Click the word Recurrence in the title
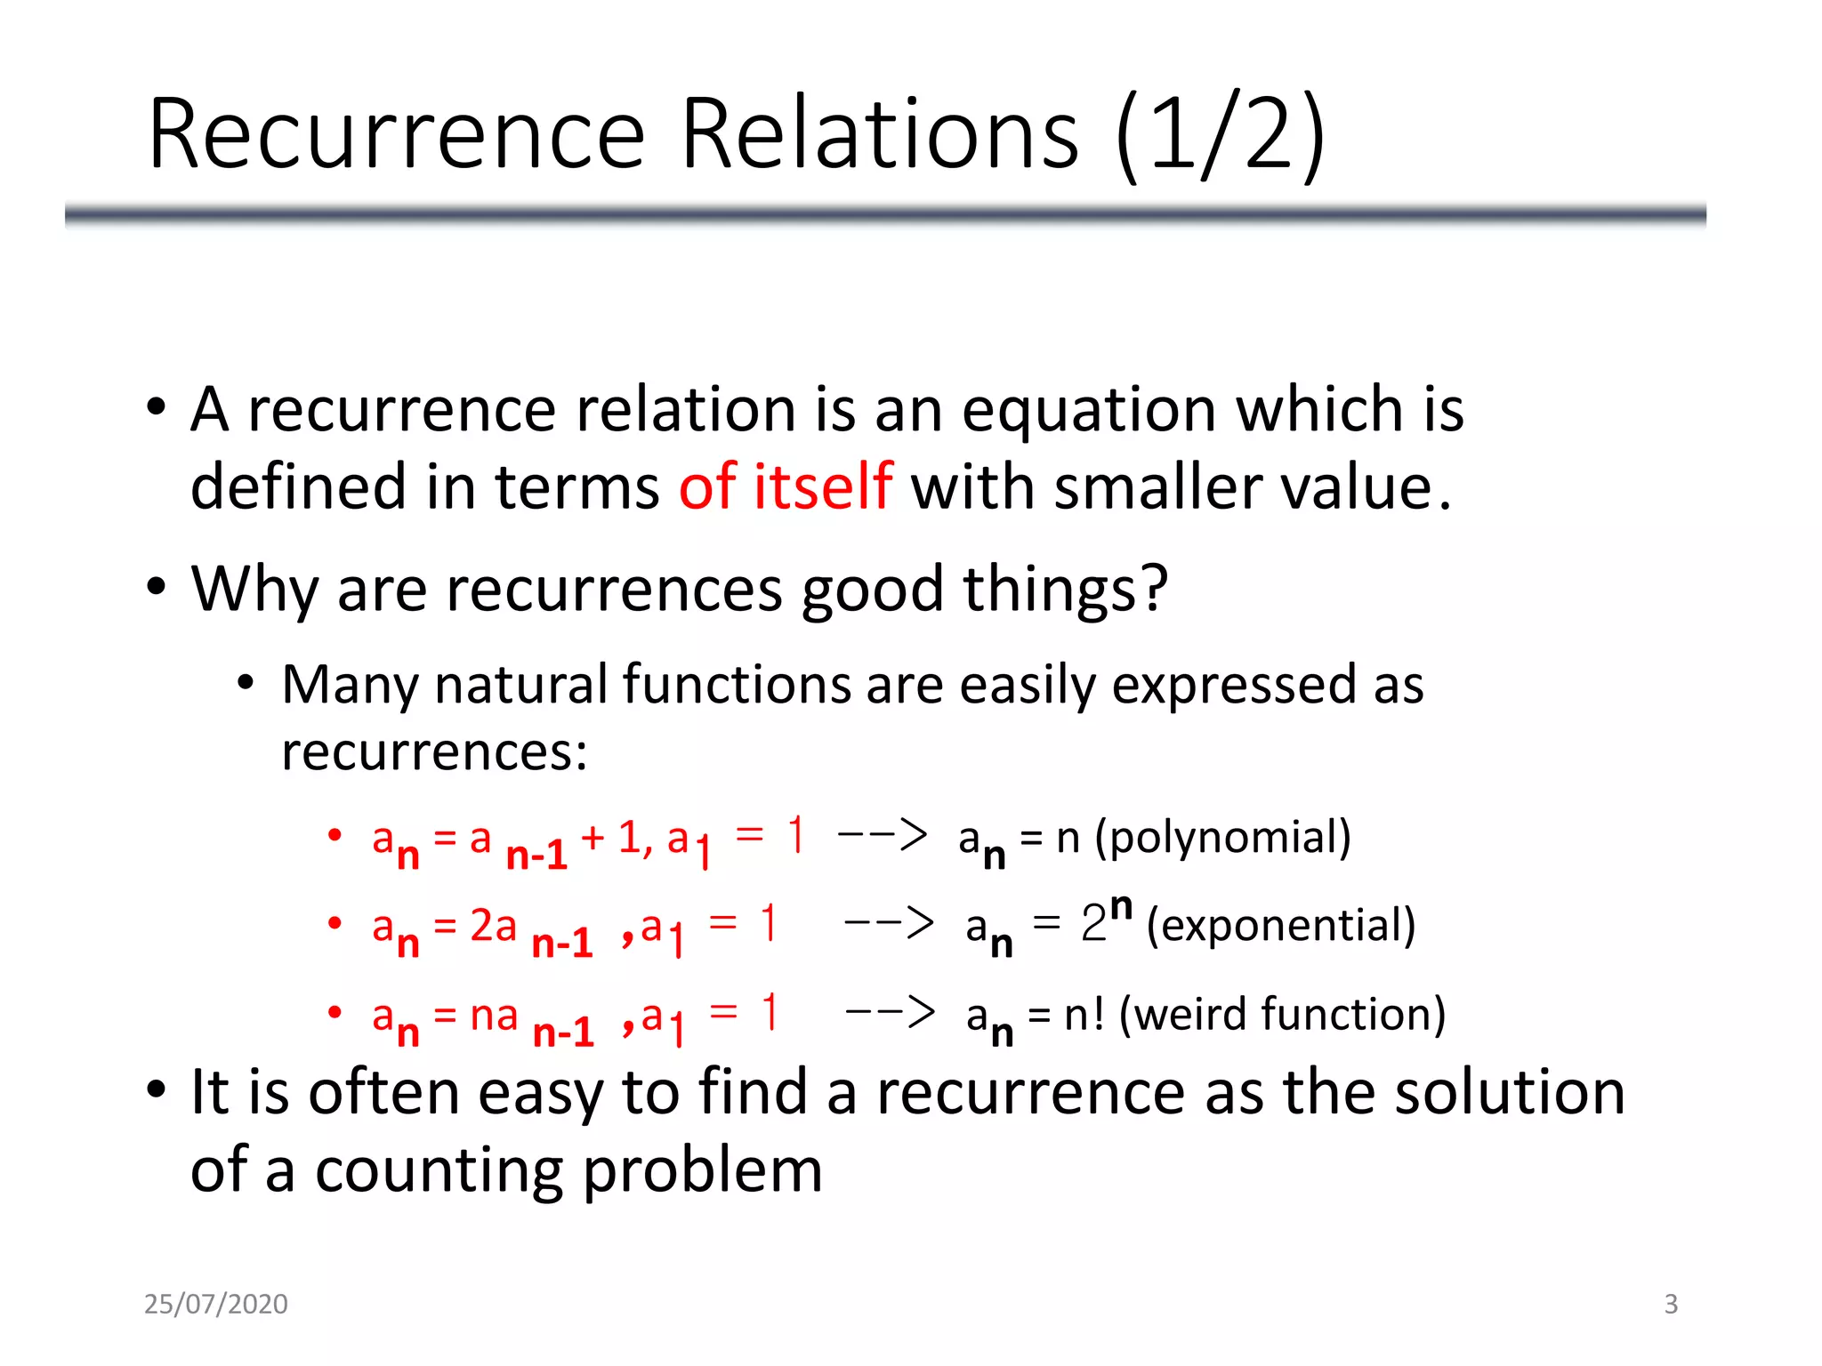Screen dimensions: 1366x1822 click(x=396, y=135)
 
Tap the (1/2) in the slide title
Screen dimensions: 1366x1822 click(x=1220, y=135)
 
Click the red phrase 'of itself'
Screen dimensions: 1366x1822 click(x=786, y=486)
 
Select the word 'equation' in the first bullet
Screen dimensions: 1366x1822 click(x=1088, y=410)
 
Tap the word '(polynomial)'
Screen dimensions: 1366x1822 click(x=1223, y=838)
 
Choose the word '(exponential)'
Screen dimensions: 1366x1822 click(x=1281, y=926)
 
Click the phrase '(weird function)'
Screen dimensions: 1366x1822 click(x=1282, y=1014)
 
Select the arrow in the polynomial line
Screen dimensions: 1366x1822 click(x=882, y=835)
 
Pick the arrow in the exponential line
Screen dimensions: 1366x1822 click(x=888, y=923)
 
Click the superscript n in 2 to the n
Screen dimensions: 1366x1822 click(x=1121, y=906)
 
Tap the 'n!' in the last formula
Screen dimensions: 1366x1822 click(x=1084, y=1014)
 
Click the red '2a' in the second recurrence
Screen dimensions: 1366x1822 click(x=493, y=926)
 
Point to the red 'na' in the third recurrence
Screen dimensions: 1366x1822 click(x=494, y=1015)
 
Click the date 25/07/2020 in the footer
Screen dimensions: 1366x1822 click(x=215, y=1304)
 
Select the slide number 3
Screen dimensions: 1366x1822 click(x=1671, y=1304)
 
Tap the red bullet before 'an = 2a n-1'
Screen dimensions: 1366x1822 click(x=335, y=923)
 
